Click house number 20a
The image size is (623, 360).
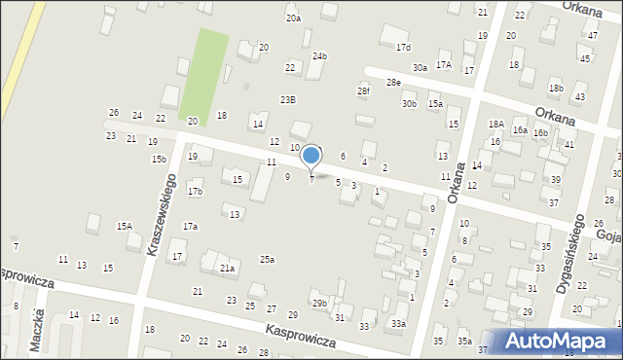coord(293,18)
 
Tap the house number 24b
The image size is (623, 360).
coord(320,55)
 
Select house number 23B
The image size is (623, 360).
coord(288,99)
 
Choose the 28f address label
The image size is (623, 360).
coord(363,91)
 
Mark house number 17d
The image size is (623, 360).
coord(403,47)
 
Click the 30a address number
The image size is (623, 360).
coord(420,67)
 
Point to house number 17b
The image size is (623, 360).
coord(195,191)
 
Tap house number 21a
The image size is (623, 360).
coord(227,269)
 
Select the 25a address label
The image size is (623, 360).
coord(267,259)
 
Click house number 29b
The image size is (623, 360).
coord(319,304)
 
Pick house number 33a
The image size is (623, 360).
coord(398,323)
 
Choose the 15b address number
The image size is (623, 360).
coord(159,159)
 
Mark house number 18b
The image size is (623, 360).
coord(556,89)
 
